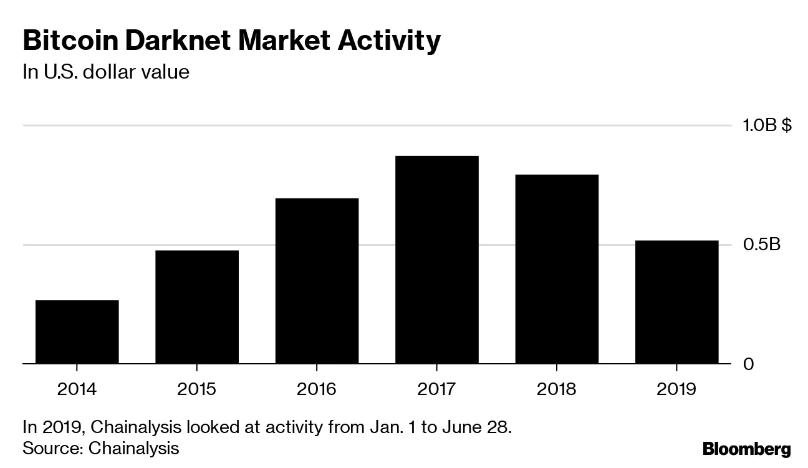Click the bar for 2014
coord(77,331)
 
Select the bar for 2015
coord(197,306)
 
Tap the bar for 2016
coord(317,280)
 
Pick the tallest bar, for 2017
coord(436,259)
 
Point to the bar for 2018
coord(557,268)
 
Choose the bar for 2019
coord(676,301)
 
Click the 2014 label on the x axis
coord(77,389)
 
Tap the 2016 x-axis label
coord(317,389)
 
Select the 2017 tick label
coord(436,389)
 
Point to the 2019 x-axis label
coord(676,389)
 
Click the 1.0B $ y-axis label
coord(766,125)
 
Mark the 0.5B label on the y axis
coord(761,245)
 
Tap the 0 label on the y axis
coord(749,364)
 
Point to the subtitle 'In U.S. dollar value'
coord(106,72)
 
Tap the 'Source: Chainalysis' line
coord(101,448)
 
